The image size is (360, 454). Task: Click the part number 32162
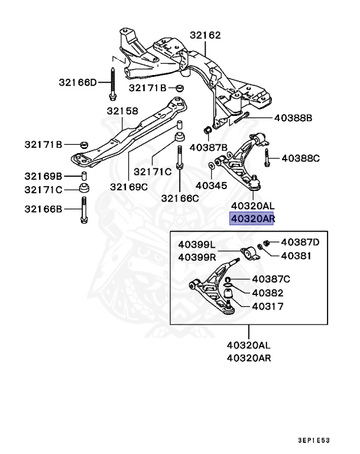[205, 35]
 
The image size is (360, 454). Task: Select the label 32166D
[77, 82]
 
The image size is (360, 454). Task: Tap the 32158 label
[122, 111]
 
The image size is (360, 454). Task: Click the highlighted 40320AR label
[253, 219]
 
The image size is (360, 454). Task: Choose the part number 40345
[211, 186]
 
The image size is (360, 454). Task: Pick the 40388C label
[300, 158]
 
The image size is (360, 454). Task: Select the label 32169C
[128, 187]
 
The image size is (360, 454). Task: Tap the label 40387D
[300, 242]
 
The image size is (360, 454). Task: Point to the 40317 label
[268, 307]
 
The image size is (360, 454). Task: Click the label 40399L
[197, 244]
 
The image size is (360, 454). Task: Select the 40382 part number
[268, 293]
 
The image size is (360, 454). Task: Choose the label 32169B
[43, 176]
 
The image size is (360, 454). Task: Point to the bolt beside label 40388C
[268, 158]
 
